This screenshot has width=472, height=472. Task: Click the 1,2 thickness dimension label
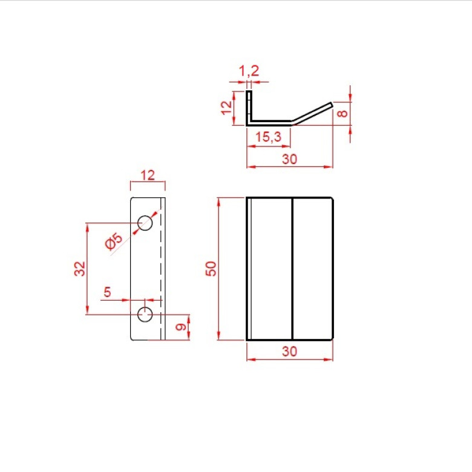249,71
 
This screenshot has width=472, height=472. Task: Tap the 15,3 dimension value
268,137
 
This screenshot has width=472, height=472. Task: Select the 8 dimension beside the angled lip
343,114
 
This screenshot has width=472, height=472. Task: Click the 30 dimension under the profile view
290,159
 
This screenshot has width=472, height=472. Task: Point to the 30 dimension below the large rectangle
290,352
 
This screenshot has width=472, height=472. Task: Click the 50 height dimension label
211,269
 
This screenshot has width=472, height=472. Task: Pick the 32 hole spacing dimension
80,269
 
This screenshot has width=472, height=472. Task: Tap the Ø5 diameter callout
114,241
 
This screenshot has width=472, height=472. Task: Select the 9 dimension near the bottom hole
181,327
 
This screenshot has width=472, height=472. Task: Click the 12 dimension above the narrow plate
148,175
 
